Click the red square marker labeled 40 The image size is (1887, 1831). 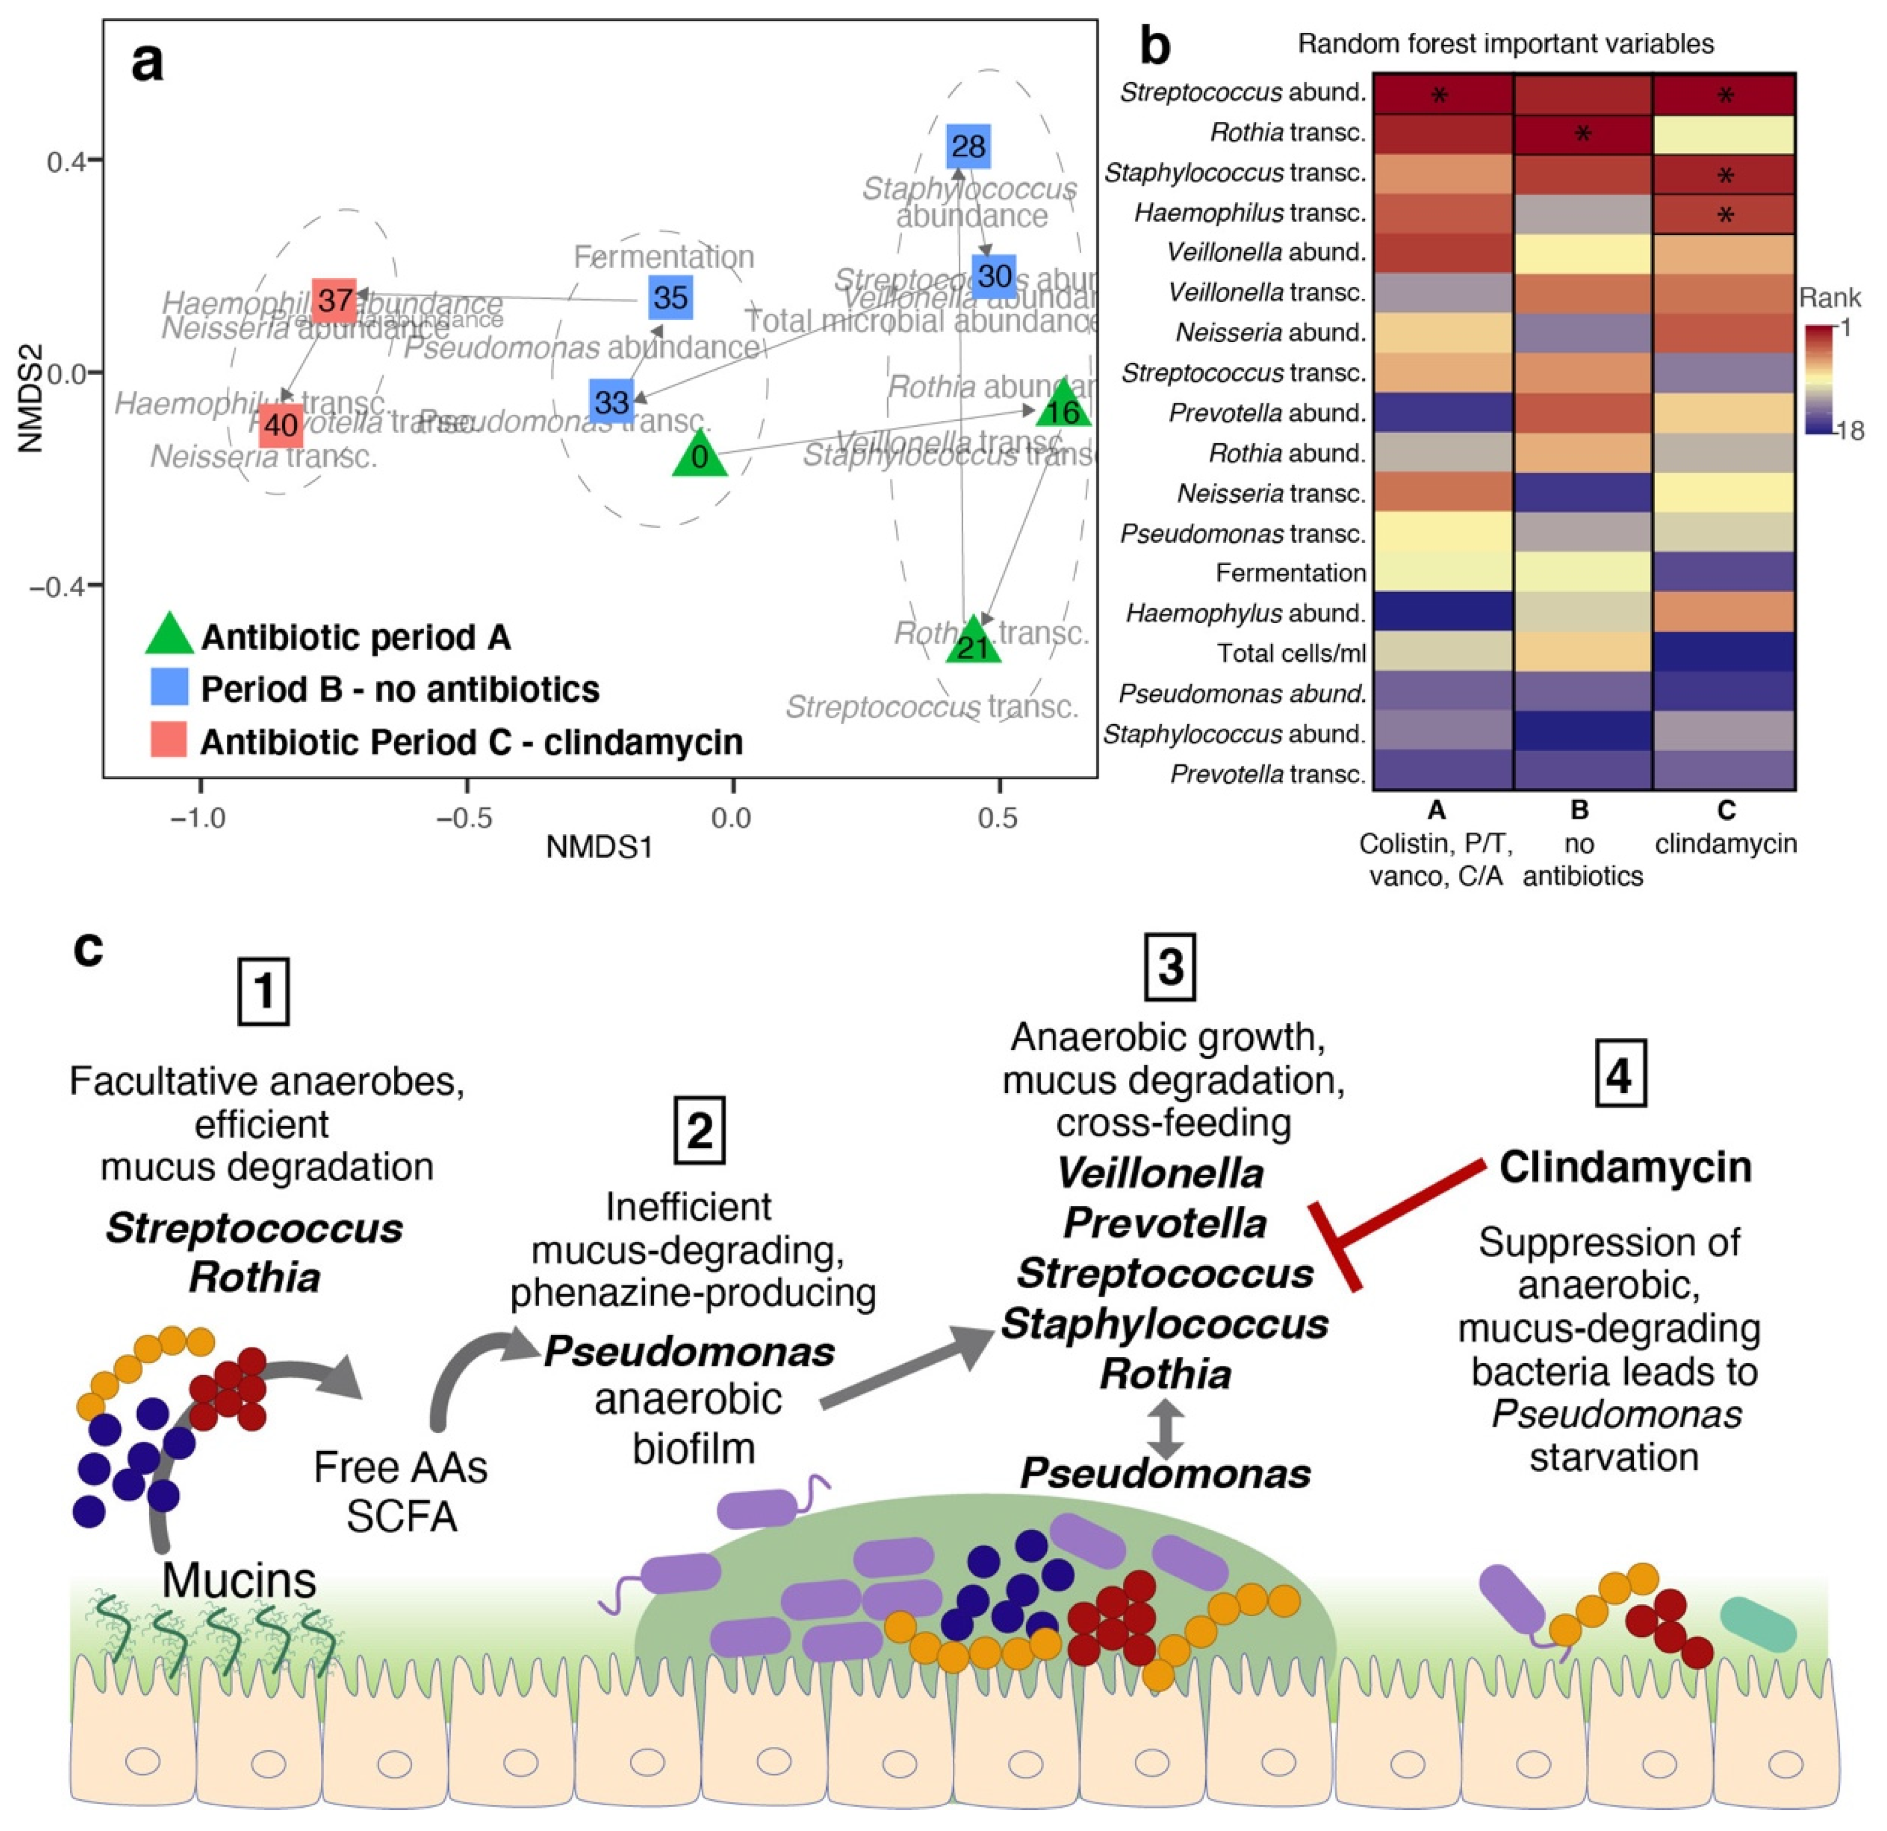[280, 425]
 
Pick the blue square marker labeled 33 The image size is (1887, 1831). [611, 401]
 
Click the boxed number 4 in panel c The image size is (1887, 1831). [1619, 1075]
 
